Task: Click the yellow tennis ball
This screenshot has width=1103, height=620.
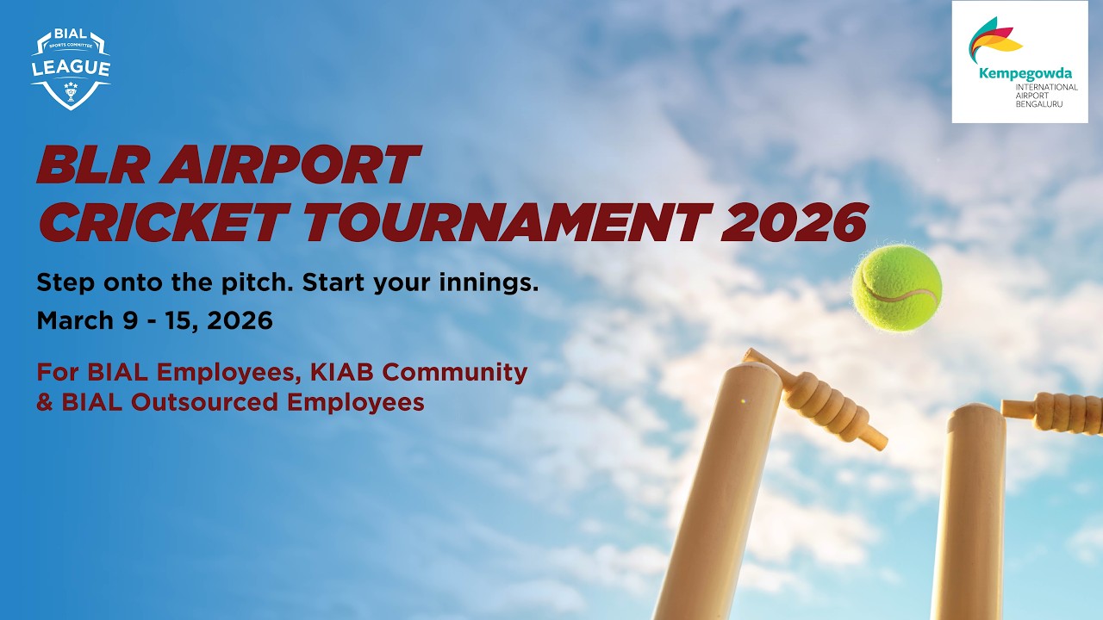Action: pyautogui.click(x=896, y=288)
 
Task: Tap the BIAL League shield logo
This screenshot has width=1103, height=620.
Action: pyautogui.click(x=71, y=70)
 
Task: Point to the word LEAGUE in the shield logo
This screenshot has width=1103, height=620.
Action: pyautogui.click(x=71, y=68)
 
